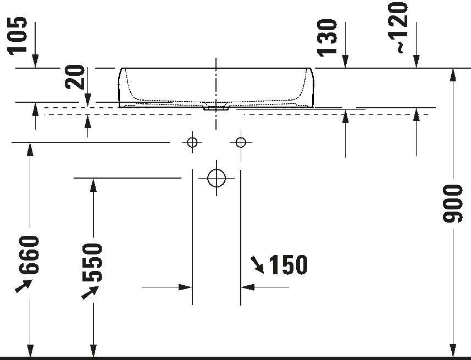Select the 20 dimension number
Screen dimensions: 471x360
(x=75, y=77)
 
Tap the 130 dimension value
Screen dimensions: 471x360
(x=327, y=38)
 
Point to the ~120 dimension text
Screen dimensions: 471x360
(x=398, y=27)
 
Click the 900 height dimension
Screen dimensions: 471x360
(x=453, y=204)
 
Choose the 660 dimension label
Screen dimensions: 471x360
(x=29, y=255)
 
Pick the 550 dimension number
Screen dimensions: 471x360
(x=92, y=263)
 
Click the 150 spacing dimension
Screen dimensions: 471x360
(x=289, y=265)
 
